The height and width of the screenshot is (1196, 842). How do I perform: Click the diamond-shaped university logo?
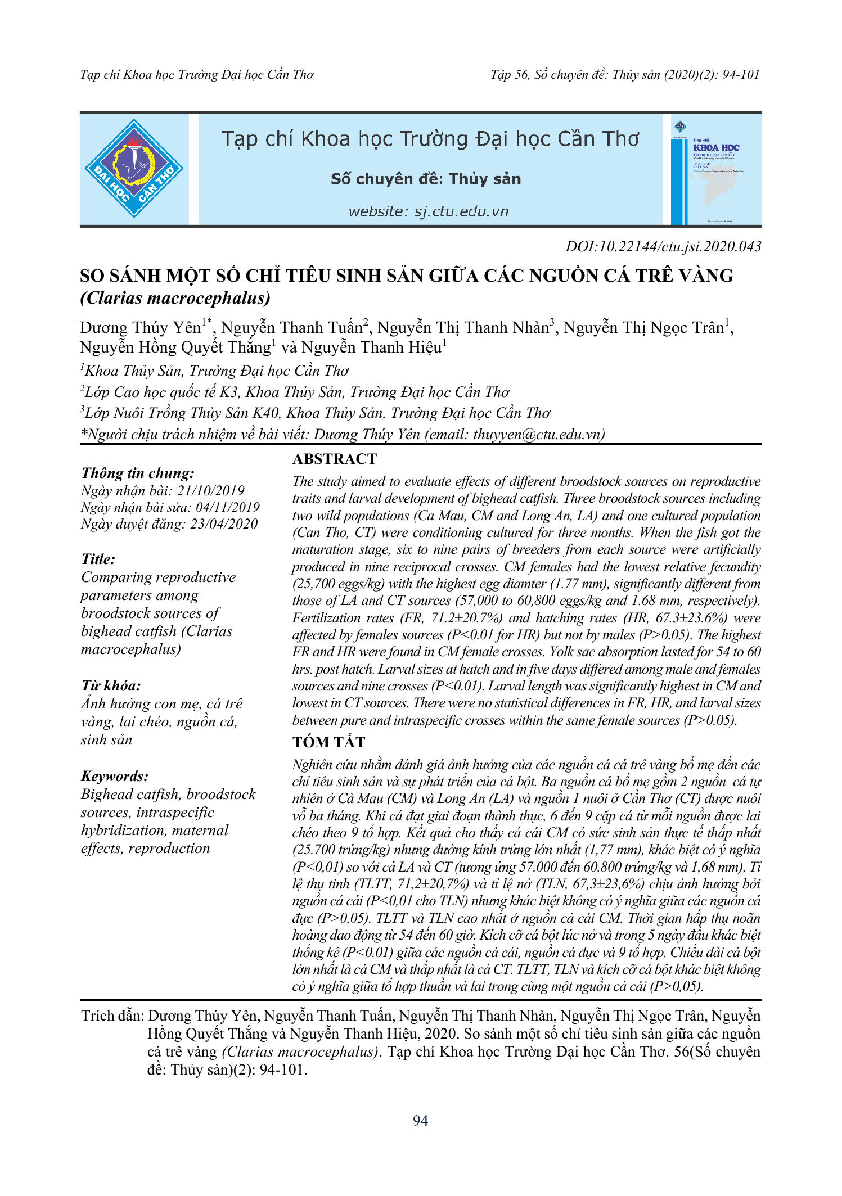pos(134,168)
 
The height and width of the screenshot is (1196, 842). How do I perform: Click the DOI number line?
pos(663,246)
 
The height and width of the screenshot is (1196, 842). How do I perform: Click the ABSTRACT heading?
pos(334,459)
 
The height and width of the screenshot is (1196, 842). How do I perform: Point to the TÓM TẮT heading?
pos(328,742)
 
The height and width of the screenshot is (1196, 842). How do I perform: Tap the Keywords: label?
pos(115,776)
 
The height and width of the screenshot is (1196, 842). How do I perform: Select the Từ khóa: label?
pos(111,685)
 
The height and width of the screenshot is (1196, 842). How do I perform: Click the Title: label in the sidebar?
pos(98,559)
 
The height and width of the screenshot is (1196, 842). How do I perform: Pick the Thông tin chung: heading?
pos(138,473)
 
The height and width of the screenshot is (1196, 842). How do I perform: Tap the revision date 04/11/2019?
pos(228,507)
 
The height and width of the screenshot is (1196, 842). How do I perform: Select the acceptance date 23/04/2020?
pos(224,524)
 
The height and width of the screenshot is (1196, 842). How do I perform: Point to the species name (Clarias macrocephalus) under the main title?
pos(175,298)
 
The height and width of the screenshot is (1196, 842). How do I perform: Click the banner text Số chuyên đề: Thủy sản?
pos(426,179)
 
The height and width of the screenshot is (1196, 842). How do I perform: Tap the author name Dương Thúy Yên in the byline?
pos(140,328)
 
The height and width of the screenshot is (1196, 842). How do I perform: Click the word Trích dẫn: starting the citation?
pos(112,1016)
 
